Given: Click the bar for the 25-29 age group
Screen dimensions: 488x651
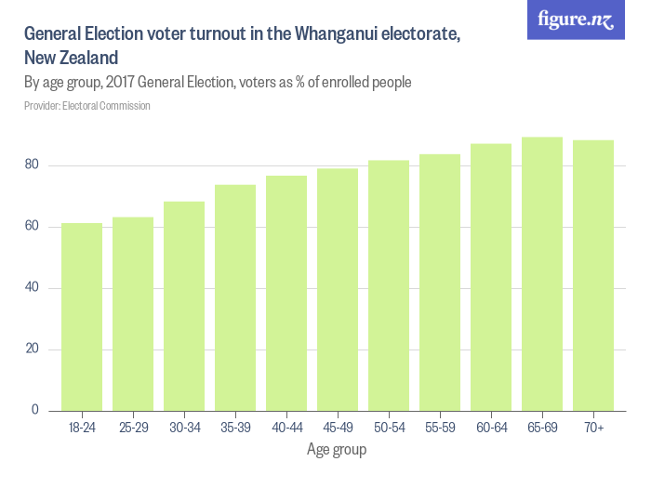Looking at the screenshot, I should pyautogui.click(x=133, y=313).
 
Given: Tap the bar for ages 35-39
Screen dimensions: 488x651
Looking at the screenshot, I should pyautogui.click(x=235, y=297).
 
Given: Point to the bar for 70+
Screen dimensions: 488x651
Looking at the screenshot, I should pyautogui.click(x=593, y=275).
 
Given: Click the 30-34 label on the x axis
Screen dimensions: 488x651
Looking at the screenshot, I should pyautogui.click(x=184, y=428).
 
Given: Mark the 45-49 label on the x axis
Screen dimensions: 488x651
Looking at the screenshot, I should pyautogui.click(x=338, y=428).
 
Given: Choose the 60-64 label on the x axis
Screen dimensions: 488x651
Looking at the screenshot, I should pyautogui.click(x=491, y=428).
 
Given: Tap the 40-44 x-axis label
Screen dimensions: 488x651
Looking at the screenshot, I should pyautogui.click(x=286, y=428).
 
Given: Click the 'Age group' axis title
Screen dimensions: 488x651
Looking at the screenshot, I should pyautogui.click(x=337, y=451).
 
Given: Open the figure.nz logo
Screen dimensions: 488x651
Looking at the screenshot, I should pyautogui.click(x=576, y=20).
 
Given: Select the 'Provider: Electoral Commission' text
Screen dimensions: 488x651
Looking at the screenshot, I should pyautogui.click(x=87, y=106).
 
